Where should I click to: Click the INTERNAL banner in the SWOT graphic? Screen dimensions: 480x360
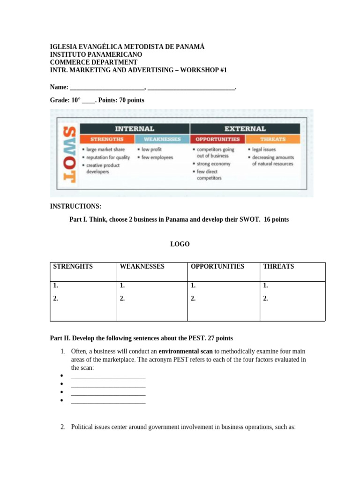[x=135, y=128]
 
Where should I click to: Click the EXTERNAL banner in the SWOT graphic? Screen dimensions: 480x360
[x=245, y=128]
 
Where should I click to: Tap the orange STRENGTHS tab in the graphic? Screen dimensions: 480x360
[x=107, y=139]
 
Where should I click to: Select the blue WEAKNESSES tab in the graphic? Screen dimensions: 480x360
[x=162, y=139]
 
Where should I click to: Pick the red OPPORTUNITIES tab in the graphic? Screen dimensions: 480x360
[x=217, y=139]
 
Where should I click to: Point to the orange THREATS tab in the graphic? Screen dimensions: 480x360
[x=273, y=139]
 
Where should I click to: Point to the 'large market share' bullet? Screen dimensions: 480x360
[x=105, y=150]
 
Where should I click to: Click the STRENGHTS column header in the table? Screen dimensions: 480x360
[x=73, y=266]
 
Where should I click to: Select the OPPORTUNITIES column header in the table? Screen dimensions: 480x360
[x=217, y=266]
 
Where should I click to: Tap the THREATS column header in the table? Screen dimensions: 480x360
[x=278, y=266]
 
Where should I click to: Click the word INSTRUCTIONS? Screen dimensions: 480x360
[x=75, y=206]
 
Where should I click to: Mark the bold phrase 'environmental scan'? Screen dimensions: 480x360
[x=186, y=351]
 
